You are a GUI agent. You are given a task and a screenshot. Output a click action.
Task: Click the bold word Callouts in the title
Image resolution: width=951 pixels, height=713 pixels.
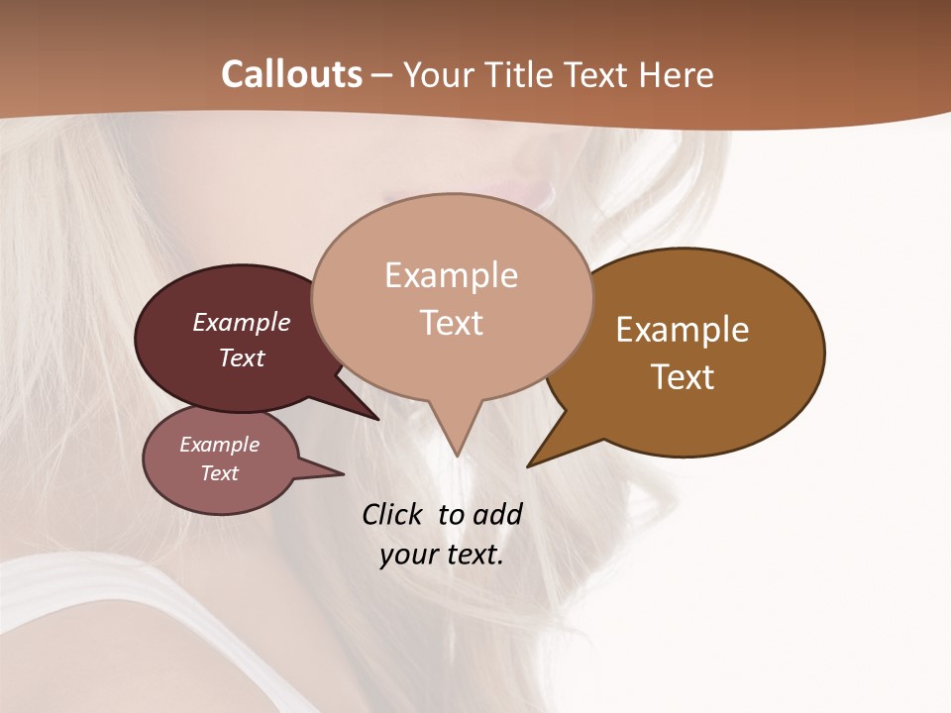[291, 74]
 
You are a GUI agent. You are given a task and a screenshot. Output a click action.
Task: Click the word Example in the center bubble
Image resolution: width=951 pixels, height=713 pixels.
[451, 275]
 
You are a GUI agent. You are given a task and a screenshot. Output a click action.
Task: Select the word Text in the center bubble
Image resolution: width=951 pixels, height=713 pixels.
[451, 323]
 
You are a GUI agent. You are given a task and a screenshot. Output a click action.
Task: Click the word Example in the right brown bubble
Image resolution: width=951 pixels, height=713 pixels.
[683, 330]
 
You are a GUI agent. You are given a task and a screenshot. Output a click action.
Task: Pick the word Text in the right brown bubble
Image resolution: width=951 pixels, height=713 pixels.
[683, 377]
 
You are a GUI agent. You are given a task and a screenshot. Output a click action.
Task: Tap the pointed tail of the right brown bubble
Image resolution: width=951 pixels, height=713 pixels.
[540, 458]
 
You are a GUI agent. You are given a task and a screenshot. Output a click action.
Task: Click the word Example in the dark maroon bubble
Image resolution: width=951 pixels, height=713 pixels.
[241, 322]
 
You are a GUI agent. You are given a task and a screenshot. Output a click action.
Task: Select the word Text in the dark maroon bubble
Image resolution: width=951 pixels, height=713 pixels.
[241, 357]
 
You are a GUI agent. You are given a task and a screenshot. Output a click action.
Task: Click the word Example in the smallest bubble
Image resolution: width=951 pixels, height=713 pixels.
[219, 445]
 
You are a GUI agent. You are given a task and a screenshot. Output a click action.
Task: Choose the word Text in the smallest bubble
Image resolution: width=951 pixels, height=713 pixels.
[219, 473]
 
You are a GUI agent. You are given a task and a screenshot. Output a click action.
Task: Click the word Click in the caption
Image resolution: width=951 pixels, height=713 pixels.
[392, 514]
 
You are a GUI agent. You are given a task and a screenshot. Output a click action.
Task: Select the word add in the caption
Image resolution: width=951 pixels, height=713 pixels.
[497, 514]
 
